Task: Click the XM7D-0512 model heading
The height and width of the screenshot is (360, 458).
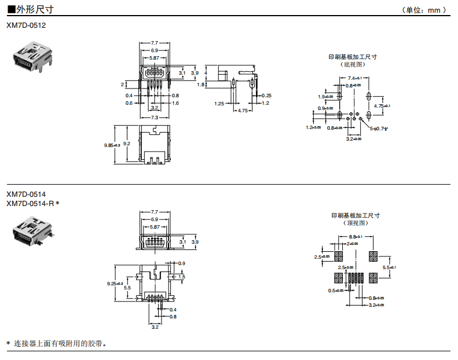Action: [26, 25]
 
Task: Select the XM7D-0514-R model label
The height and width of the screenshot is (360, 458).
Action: [33, 203]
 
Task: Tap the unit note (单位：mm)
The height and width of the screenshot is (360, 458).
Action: [425, 10]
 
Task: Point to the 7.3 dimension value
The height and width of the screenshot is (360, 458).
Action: [155, 117]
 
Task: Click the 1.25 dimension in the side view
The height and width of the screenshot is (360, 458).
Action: [219, 104]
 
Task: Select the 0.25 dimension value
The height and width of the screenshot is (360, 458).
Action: [267, 95]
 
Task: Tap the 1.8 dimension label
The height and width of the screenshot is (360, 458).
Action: [200, 85]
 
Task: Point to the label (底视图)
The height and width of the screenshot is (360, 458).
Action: [353, 64]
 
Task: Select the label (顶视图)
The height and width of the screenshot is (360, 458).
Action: [356, 223]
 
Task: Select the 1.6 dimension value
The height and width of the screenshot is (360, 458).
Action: [175, 103]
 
